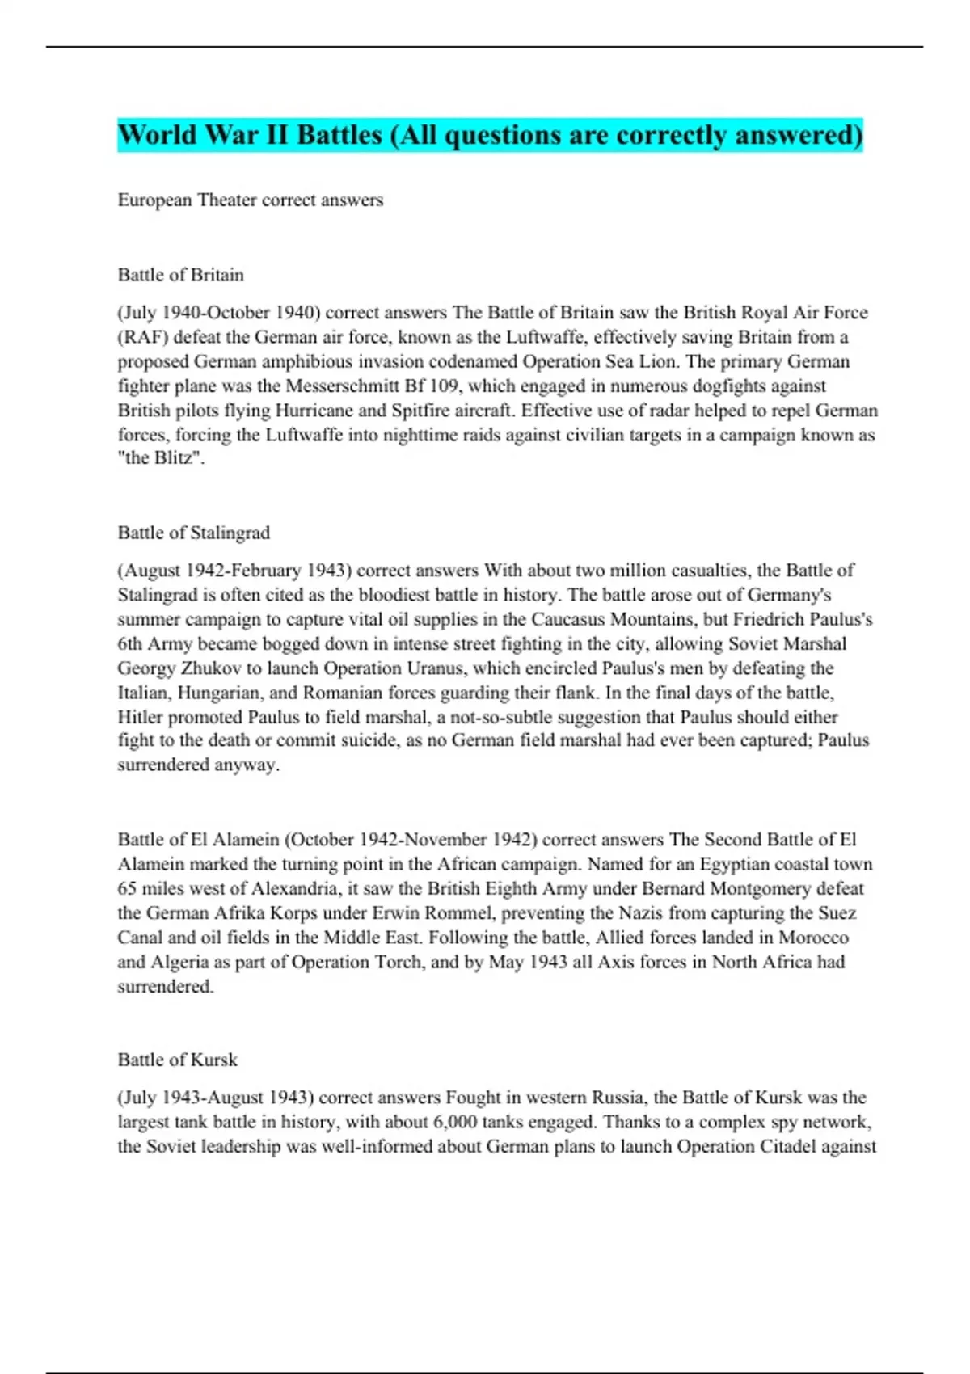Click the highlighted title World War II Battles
490,135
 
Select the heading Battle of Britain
180,275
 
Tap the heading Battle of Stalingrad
193,533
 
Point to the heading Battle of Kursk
177,1060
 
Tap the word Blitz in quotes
175,458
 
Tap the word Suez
836,913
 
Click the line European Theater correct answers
250,200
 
